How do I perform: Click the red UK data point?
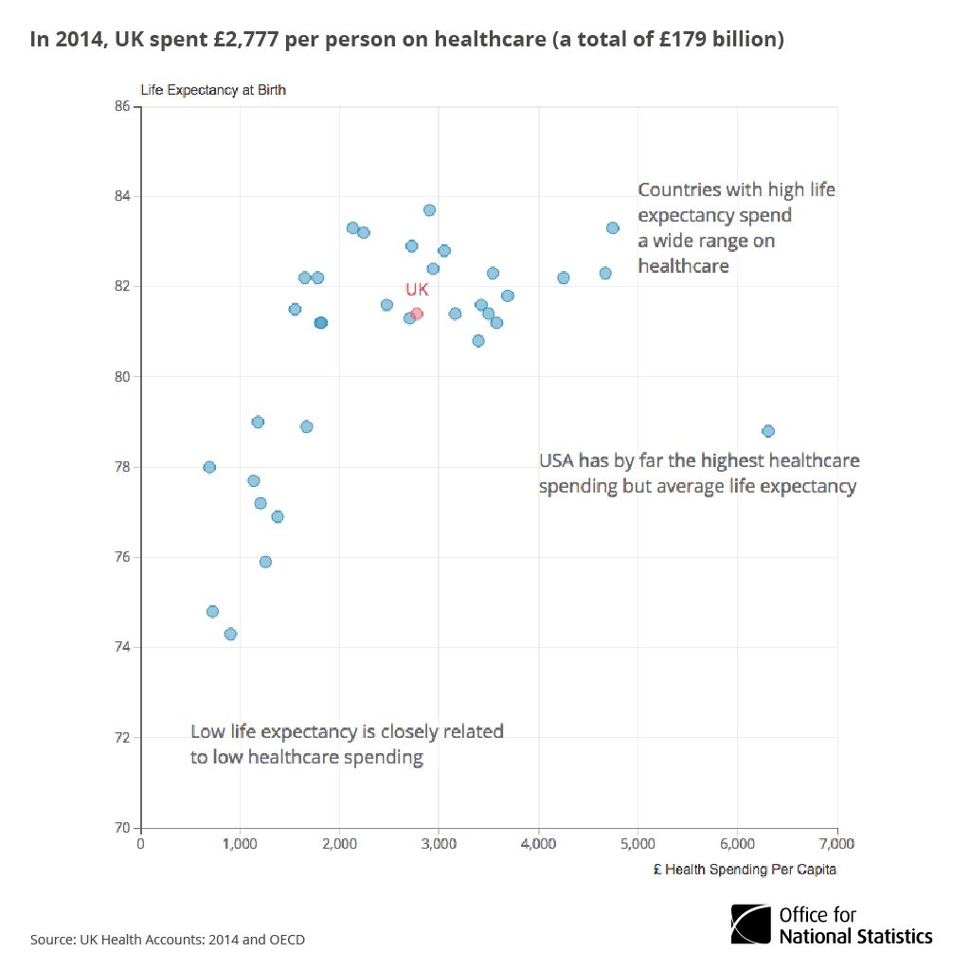(x=417, y=314)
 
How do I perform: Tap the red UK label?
(x=417, y=290)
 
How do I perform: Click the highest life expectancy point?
(x=429, y=210)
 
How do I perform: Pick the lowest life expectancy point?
(x=230, y=635)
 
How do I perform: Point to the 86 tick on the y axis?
(x=122, y=106)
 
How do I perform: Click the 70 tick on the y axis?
(x=122, y=828)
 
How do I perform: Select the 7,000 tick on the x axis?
(x=836, y=843)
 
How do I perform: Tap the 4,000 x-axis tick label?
(x=538, y=843)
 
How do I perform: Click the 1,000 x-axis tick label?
(x=240, y=843)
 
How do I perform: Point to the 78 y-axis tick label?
(x=122, y=467)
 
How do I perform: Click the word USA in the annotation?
(x=558, y=461)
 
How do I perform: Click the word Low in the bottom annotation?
(x=207, y=731)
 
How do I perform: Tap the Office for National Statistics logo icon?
(x=750, y=924)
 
